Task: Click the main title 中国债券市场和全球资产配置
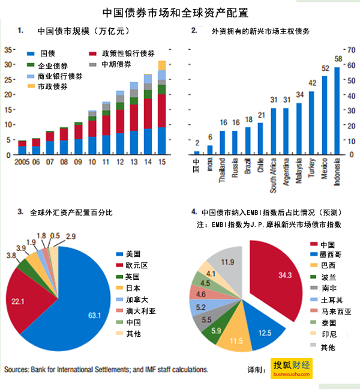(x=179, y=11)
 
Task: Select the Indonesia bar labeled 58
(x=337, y=111)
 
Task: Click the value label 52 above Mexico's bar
(x=325, y=68)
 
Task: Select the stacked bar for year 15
(x=162, y=108)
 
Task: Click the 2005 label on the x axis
(x=22, y=162)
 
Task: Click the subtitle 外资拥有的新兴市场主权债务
(x=260, y=30)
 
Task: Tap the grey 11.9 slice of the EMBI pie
(x=229, y=262)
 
